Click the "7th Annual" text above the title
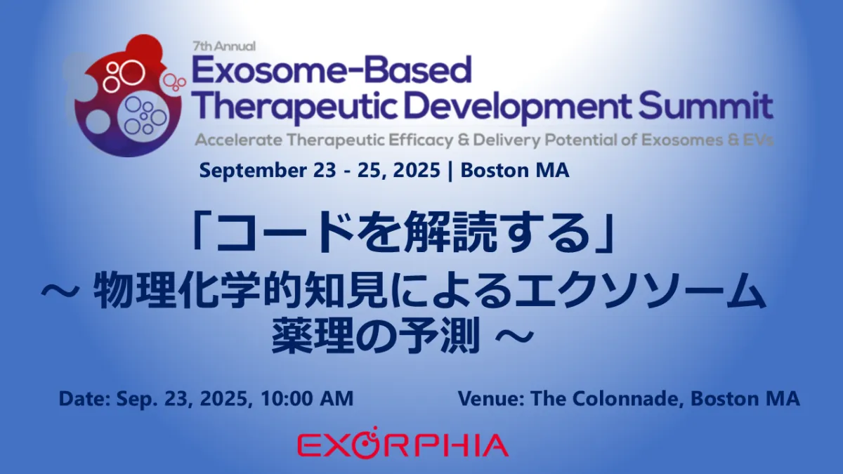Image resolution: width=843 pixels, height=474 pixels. click(x=224, y=46)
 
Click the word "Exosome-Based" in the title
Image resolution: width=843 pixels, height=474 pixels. click(x=332, y=70)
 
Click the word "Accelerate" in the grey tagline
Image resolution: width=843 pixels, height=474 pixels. click(x=239, y=140)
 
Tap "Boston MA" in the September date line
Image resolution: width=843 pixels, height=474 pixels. click(x=515, y=170)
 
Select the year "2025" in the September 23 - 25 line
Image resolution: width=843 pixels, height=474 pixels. click(x=417, y=171)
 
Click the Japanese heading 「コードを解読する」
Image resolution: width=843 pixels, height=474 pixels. click(x=403, y=232)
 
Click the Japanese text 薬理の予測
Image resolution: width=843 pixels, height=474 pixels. click(x=376, y=335)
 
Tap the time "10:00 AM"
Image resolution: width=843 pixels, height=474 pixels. click(x=307, y=399)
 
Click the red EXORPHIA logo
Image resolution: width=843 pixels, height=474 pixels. click(x=403, y=443)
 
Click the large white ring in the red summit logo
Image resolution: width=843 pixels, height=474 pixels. click(x=132, y=72)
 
